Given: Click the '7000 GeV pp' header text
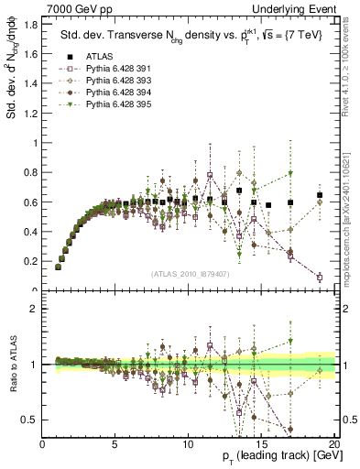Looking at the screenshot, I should (73, 8).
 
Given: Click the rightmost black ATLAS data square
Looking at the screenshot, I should (320, 195).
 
